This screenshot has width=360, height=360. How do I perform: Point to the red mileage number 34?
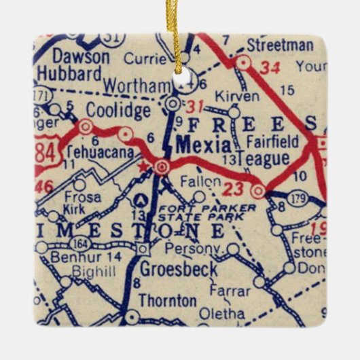click(x=270, y=67)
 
